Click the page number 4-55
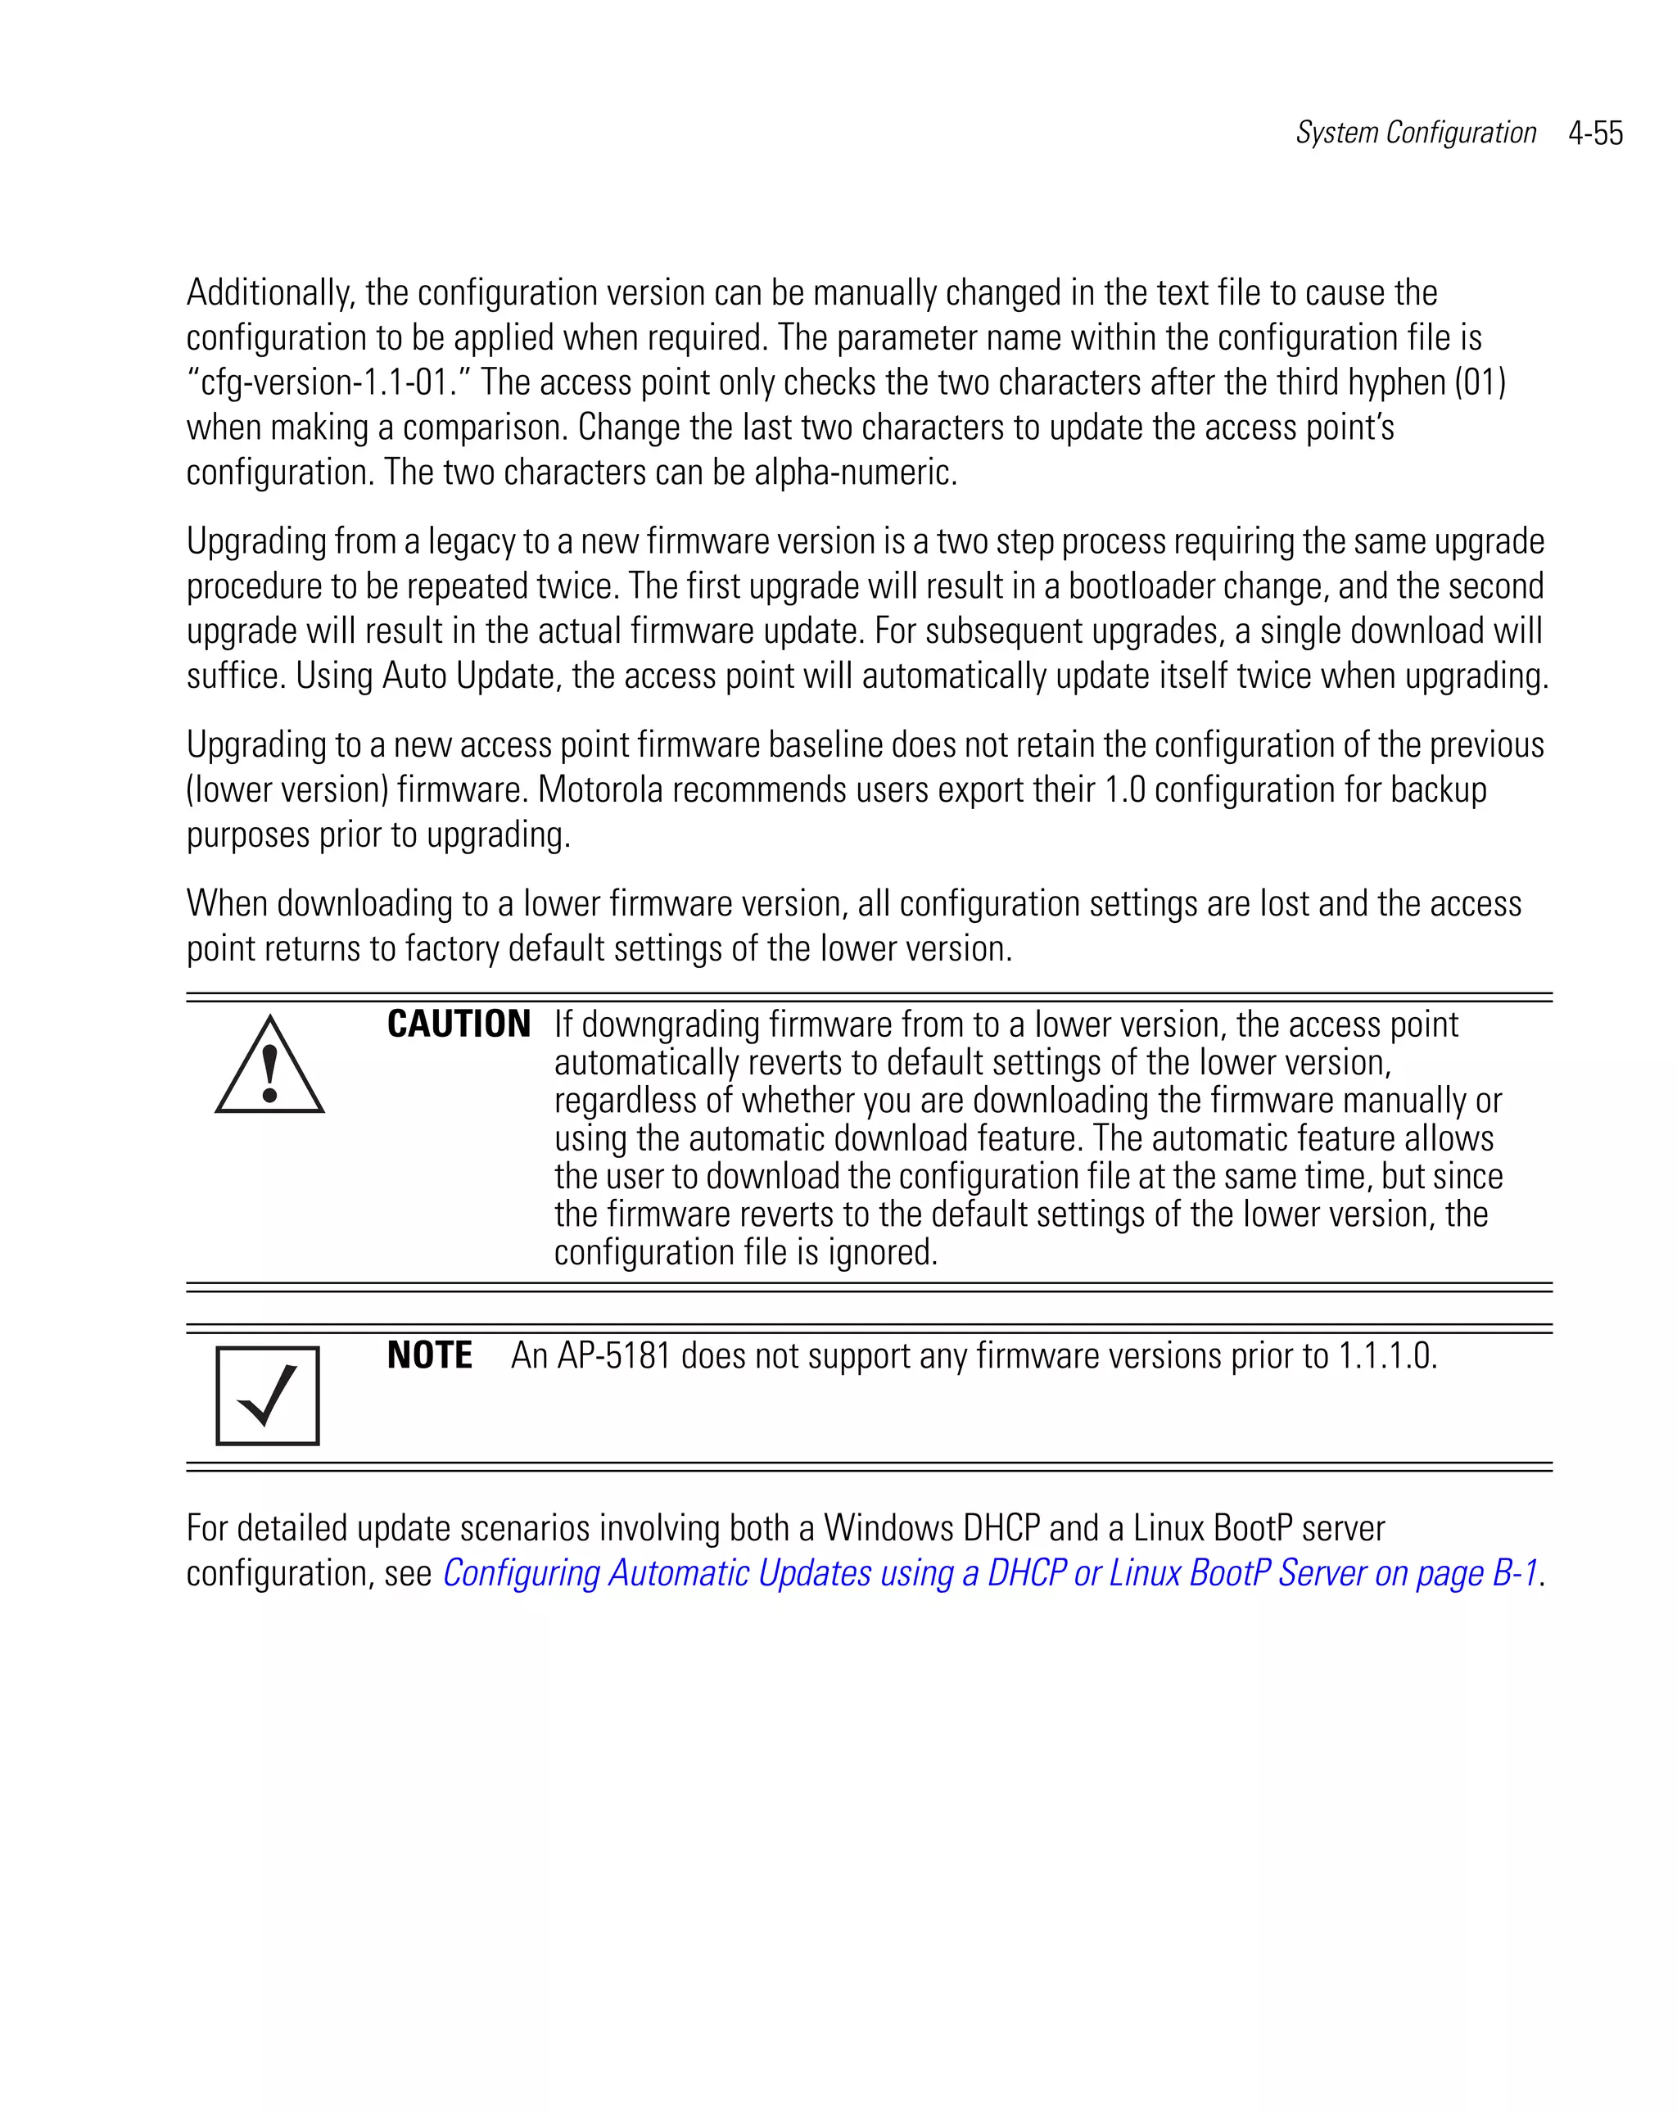[x=1595, y=133]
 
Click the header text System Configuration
[x=1416, y=133]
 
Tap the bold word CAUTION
[x=459, y=1024]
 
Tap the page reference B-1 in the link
[x=1514, y=1574]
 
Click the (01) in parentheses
[x=1479, y=382]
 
